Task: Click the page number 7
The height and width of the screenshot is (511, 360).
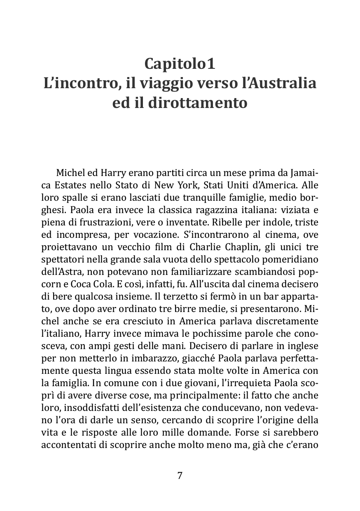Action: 180,475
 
